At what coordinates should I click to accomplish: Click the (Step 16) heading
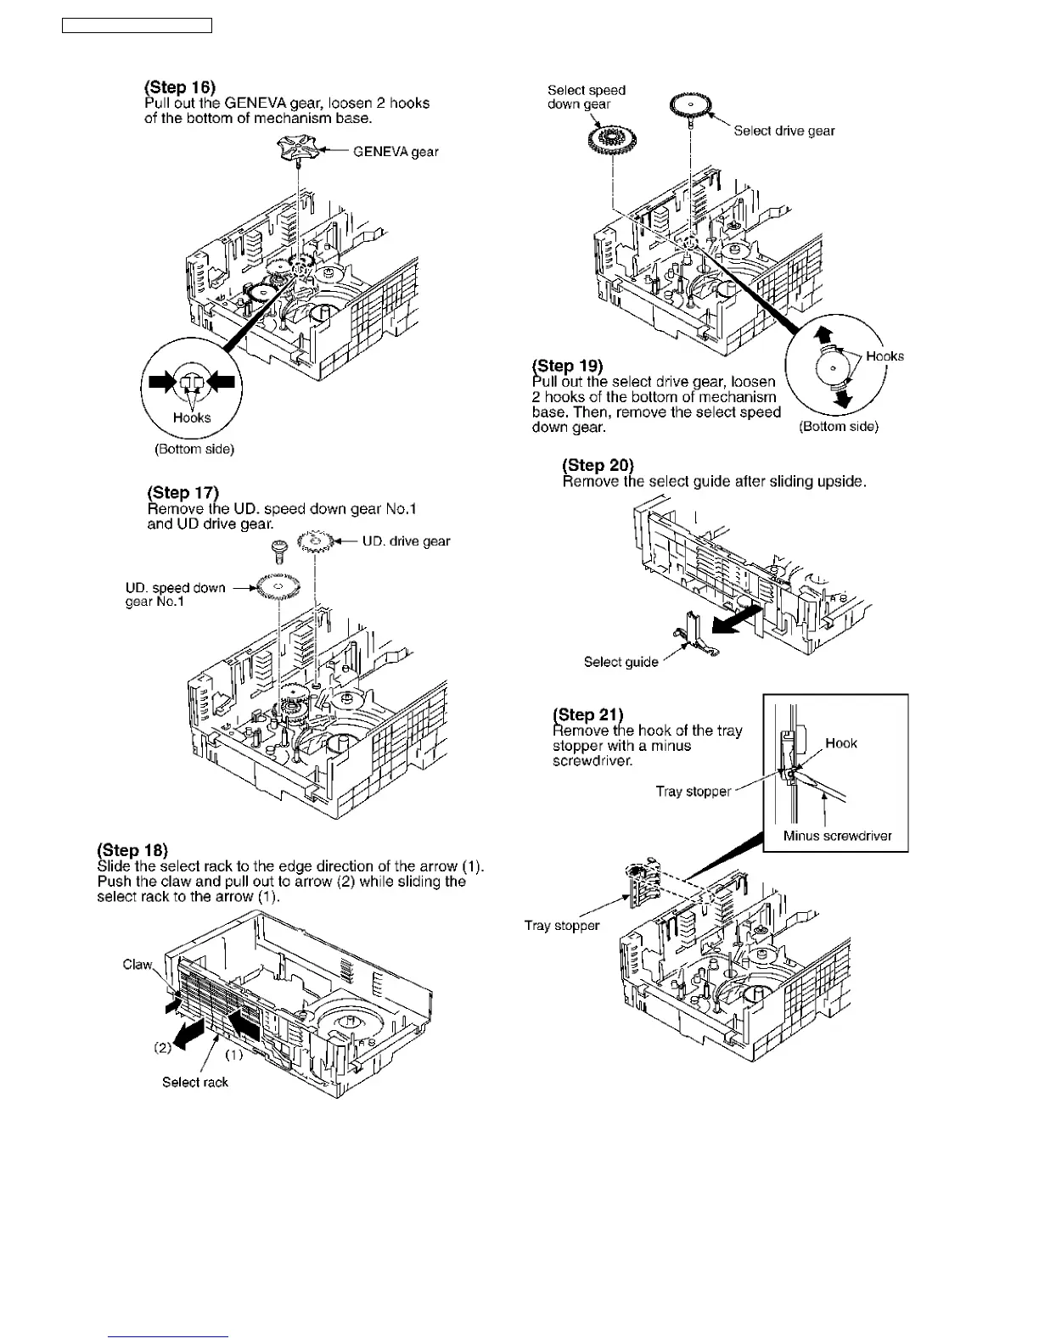click(180, 87)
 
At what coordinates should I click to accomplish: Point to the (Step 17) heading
click(183, 493)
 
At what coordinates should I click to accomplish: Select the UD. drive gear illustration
click(315, 541)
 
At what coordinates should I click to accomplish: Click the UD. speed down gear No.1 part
click(278, 587)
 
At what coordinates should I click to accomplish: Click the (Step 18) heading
click(133, 850)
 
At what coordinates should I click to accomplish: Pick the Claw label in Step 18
click(138, 965)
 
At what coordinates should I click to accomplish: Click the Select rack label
click(195, 1082)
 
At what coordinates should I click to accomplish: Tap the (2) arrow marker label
click(162, 1047)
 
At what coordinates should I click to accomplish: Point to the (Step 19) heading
click(567, 366)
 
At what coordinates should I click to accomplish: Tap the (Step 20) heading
click(598, 465)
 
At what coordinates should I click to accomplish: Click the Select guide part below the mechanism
click(695, 636)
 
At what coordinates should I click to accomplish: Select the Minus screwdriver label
click(837, 836)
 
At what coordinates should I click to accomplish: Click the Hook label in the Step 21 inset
click(841, 743)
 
